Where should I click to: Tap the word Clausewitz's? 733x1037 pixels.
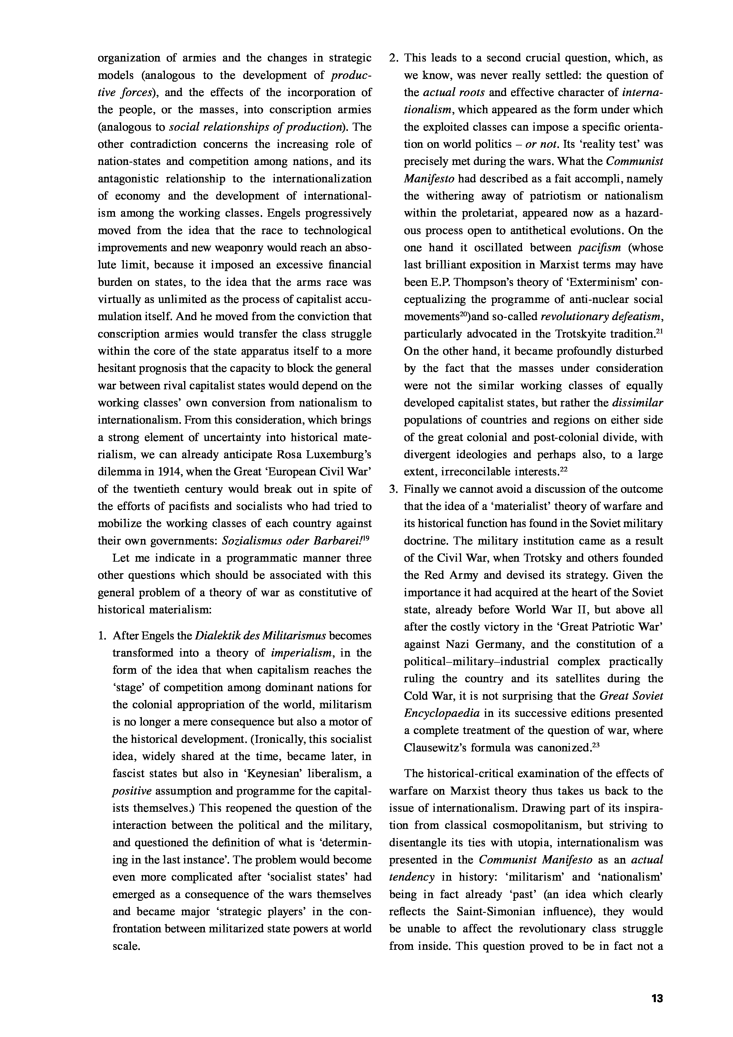(435, 748)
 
